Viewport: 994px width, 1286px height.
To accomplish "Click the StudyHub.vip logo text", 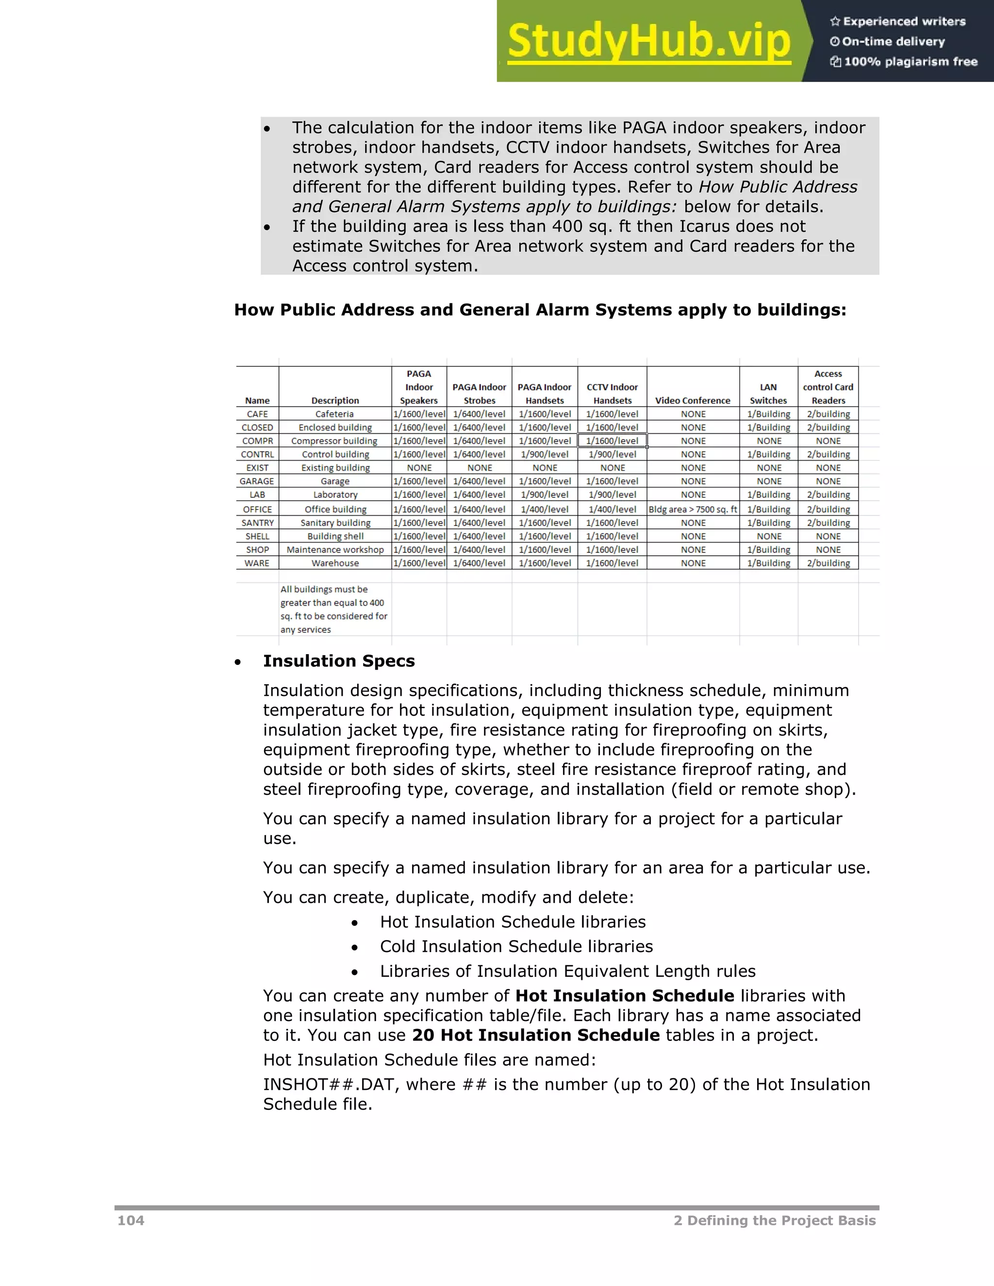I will click(x=648, y=41).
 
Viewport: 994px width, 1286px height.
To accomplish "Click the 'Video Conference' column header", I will click(x=693, y=400).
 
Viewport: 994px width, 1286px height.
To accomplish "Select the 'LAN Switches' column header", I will click(x=768, y=394).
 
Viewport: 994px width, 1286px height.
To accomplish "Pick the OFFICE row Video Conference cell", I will click(x=693, y=510).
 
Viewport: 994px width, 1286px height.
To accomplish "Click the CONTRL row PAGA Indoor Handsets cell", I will click(x=545, y=455).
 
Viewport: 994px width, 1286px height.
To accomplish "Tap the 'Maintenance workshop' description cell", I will click(x=335, y=550).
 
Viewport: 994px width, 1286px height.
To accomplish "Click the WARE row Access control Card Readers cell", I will click(x=828, y=563).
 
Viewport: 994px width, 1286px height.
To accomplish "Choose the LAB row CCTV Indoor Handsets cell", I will click(x=613, y=495).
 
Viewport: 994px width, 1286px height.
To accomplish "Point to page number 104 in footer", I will click(x=131, y=1220).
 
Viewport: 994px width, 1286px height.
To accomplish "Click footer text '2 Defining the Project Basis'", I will click(x=774, y=1220).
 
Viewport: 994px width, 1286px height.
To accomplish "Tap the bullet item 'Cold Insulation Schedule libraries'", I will click(x=516, y=946).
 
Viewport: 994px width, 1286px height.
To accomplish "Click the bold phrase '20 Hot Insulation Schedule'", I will click(x=535, y=1035).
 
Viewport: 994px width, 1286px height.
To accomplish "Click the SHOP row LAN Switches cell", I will click(x=768, y=550).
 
